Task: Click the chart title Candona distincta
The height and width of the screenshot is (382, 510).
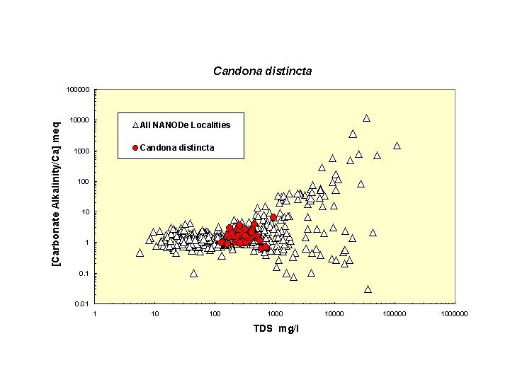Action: (263, 71)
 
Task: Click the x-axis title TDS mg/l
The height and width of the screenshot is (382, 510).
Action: (276, 330)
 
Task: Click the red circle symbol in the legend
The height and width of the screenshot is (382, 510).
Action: (135, 148)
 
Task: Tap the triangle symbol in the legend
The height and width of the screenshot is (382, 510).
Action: (135, 125)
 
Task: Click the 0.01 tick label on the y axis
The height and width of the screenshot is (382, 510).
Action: (81, 304)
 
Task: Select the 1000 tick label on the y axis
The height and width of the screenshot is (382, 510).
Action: (81, 151)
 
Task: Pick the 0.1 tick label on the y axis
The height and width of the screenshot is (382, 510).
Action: (84, 274)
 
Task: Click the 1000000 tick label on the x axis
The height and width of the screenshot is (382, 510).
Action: (453, 313)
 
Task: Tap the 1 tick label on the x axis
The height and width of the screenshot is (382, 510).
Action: (95, 313)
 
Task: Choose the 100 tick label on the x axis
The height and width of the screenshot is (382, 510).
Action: (215, 313)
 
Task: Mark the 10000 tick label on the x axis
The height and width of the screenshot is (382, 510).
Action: (334, 313)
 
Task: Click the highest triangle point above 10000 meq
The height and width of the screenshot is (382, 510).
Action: (366, 118)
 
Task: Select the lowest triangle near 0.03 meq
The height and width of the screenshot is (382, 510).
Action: (368, 289)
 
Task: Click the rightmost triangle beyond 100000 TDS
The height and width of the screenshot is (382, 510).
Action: (397, 146)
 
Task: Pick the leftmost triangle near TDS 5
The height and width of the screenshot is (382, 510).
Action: (140, 253)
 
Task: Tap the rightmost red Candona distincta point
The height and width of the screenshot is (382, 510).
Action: (273, 217)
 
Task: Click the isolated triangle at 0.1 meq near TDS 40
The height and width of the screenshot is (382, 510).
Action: (193, 273)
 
